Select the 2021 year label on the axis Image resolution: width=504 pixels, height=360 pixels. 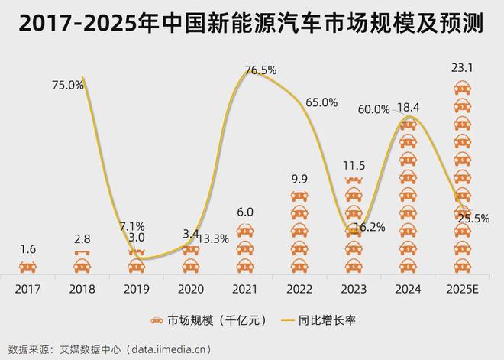[x=244, y=290]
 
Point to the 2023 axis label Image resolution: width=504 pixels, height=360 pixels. [x=354, y=290]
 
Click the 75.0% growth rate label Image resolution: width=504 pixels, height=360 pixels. [x=68, y=86]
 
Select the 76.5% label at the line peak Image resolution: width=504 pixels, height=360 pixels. [x=260, y=70]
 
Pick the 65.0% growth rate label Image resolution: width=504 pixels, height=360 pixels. [x=321, y=102]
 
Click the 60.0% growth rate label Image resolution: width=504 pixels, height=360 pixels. [x=373, y=110]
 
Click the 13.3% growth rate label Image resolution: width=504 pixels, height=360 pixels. [x=214, y=238]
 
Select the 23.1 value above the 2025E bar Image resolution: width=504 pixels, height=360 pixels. [x=463, y=68]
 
